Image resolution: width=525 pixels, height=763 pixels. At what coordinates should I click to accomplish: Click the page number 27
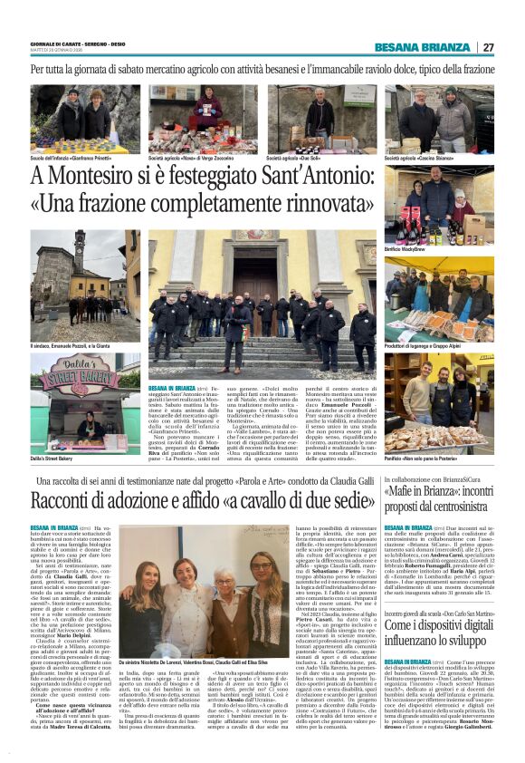pyautogui.click(x=489, y=47)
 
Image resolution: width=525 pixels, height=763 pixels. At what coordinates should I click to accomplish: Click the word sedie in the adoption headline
pyautogui.click(x=348, y=499)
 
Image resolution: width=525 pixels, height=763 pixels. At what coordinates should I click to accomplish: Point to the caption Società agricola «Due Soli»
pyautogui.click(x=296, y=157)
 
